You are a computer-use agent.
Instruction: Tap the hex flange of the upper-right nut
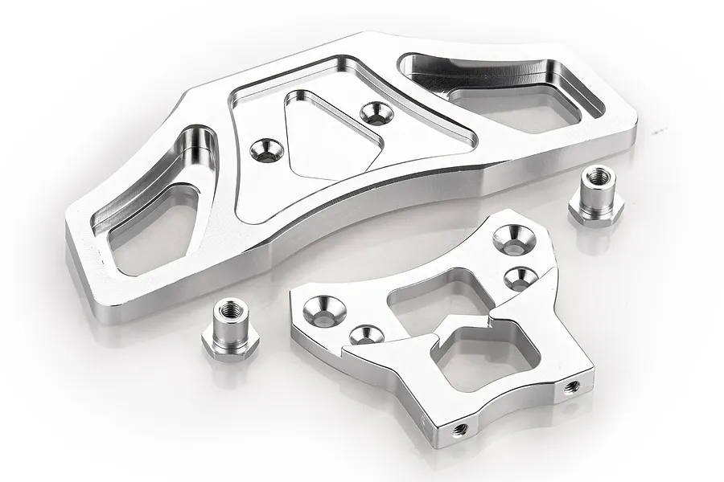(596, 214)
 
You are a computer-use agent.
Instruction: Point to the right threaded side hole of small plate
(572, 387)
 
